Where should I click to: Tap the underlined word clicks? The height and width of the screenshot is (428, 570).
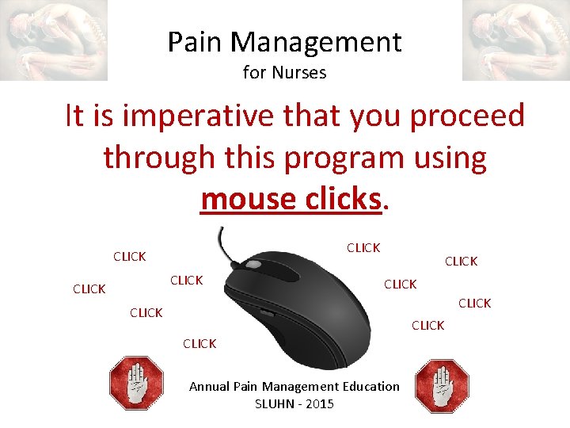pyautogui.click(x=342, y=199)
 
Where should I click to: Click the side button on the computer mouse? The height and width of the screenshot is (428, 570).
pyautogui.click(x=268, y=314)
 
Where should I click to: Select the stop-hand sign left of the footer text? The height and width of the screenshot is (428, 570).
pyautogui.click(x=136, y=384)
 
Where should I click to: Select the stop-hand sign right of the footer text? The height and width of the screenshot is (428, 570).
pyautogui.click(x=442, y=386)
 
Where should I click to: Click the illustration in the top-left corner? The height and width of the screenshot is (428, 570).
pyautogui.click(x=54, y=40)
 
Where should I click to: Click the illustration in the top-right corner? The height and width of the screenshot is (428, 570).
pyautogui.click(x=515, y=40)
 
